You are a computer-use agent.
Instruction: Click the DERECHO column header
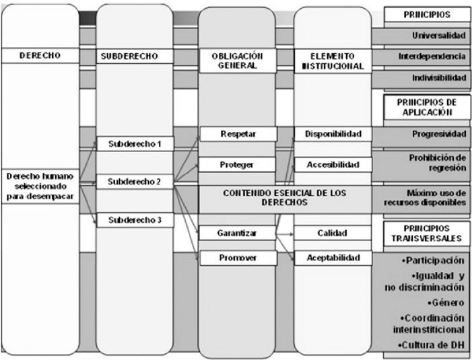point(40,57)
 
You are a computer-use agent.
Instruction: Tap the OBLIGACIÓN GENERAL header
point(237,61)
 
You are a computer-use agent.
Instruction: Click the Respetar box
point(237,134)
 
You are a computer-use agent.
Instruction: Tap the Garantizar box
point(237,233)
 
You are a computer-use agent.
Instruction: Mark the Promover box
point(237,258)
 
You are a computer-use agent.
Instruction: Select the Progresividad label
point(439,134)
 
